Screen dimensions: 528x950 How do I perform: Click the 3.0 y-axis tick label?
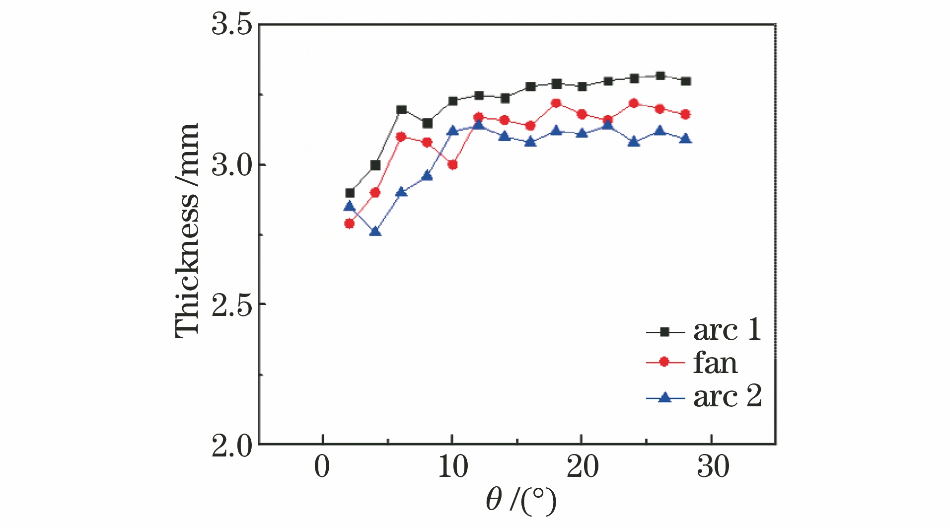click(x=232, y=165)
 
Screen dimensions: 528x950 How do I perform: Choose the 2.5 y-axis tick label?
click(x=232, y=304)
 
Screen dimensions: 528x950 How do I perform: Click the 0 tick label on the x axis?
click(x=322, y=467)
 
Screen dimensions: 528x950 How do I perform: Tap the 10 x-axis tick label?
click(x=452, y=467)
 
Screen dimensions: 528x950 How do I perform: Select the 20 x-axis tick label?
click(x=582, y=467)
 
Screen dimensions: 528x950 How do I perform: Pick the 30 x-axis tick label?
click(x=713, y=467)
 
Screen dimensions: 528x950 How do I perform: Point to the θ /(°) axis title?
click(x=520, y=501)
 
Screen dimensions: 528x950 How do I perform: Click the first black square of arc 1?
click(x=350, y=193)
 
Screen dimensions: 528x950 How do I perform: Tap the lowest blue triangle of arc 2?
click(x=375, y=231)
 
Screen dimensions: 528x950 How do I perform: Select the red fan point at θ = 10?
click(x=452, y=165)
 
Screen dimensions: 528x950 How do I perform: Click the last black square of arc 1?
click(x=686, y=81)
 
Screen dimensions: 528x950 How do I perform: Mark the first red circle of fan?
click(x=350, y=224)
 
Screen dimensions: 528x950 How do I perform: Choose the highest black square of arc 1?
click(x=660, y=76)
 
